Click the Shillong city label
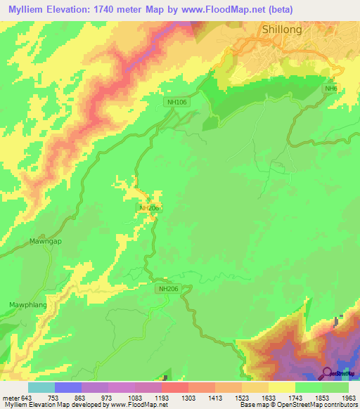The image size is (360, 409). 281,30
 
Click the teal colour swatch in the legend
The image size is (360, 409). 41,387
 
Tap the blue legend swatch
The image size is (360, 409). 68,387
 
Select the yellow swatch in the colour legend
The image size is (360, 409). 282,387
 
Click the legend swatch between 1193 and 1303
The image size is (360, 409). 175,387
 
